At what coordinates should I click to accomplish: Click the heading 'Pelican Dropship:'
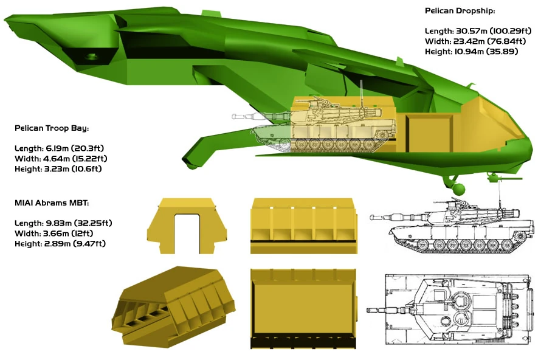tap(460, 11)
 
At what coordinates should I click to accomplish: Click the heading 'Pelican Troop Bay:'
tap(52, 128)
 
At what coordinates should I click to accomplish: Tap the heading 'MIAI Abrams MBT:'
tap(52, 203)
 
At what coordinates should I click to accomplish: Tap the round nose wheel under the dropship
tap(458, 189)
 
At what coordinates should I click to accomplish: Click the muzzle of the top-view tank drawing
tap(369, 310)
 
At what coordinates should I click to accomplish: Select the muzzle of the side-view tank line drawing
tap(372, 218)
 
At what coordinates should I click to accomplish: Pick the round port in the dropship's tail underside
tap(91, 57)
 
